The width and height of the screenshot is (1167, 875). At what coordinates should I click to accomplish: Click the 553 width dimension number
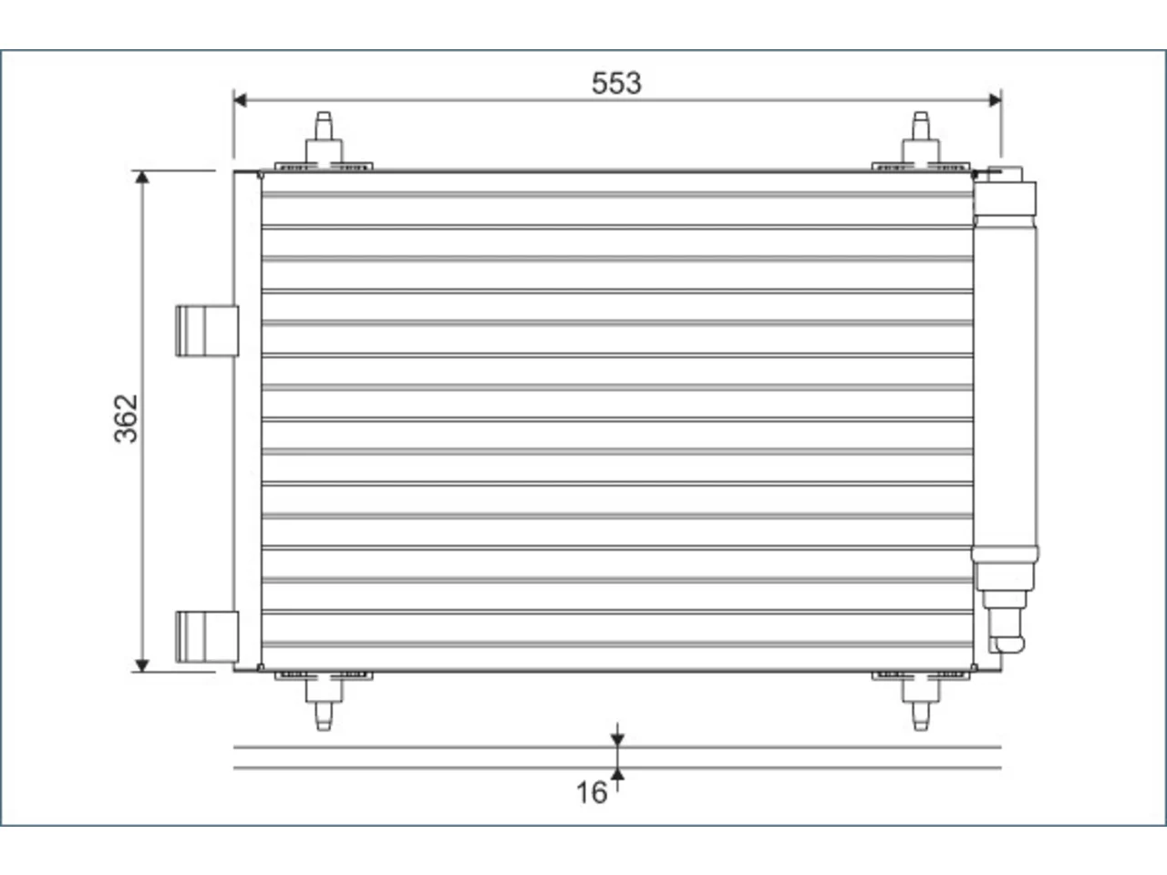[x=616, y=84]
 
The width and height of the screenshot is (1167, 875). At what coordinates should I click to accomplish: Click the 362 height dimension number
[x=126, y=418]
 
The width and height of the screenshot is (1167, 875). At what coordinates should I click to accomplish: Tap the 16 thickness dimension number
[x=591, y=793]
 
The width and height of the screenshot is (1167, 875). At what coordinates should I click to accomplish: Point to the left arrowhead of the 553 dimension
[x=240, y=100]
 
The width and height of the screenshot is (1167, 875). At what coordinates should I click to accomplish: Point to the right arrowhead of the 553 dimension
[x=995, y=100]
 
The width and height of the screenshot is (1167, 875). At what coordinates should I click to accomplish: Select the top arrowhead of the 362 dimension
[x=142, y=178]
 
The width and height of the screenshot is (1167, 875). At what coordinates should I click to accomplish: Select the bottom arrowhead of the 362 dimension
[x=142, y=665]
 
